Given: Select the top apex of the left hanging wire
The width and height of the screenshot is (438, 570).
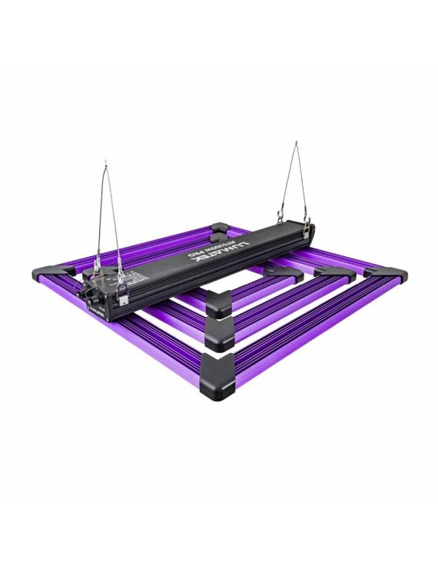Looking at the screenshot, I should pyautogui.click(x=106, y=163).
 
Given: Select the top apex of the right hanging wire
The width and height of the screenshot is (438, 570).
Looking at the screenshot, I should pyautogui.click(x=297, y=143).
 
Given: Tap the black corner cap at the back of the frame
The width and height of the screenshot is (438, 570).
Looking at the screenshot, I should pyautogui.click(x=219, y=228).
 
